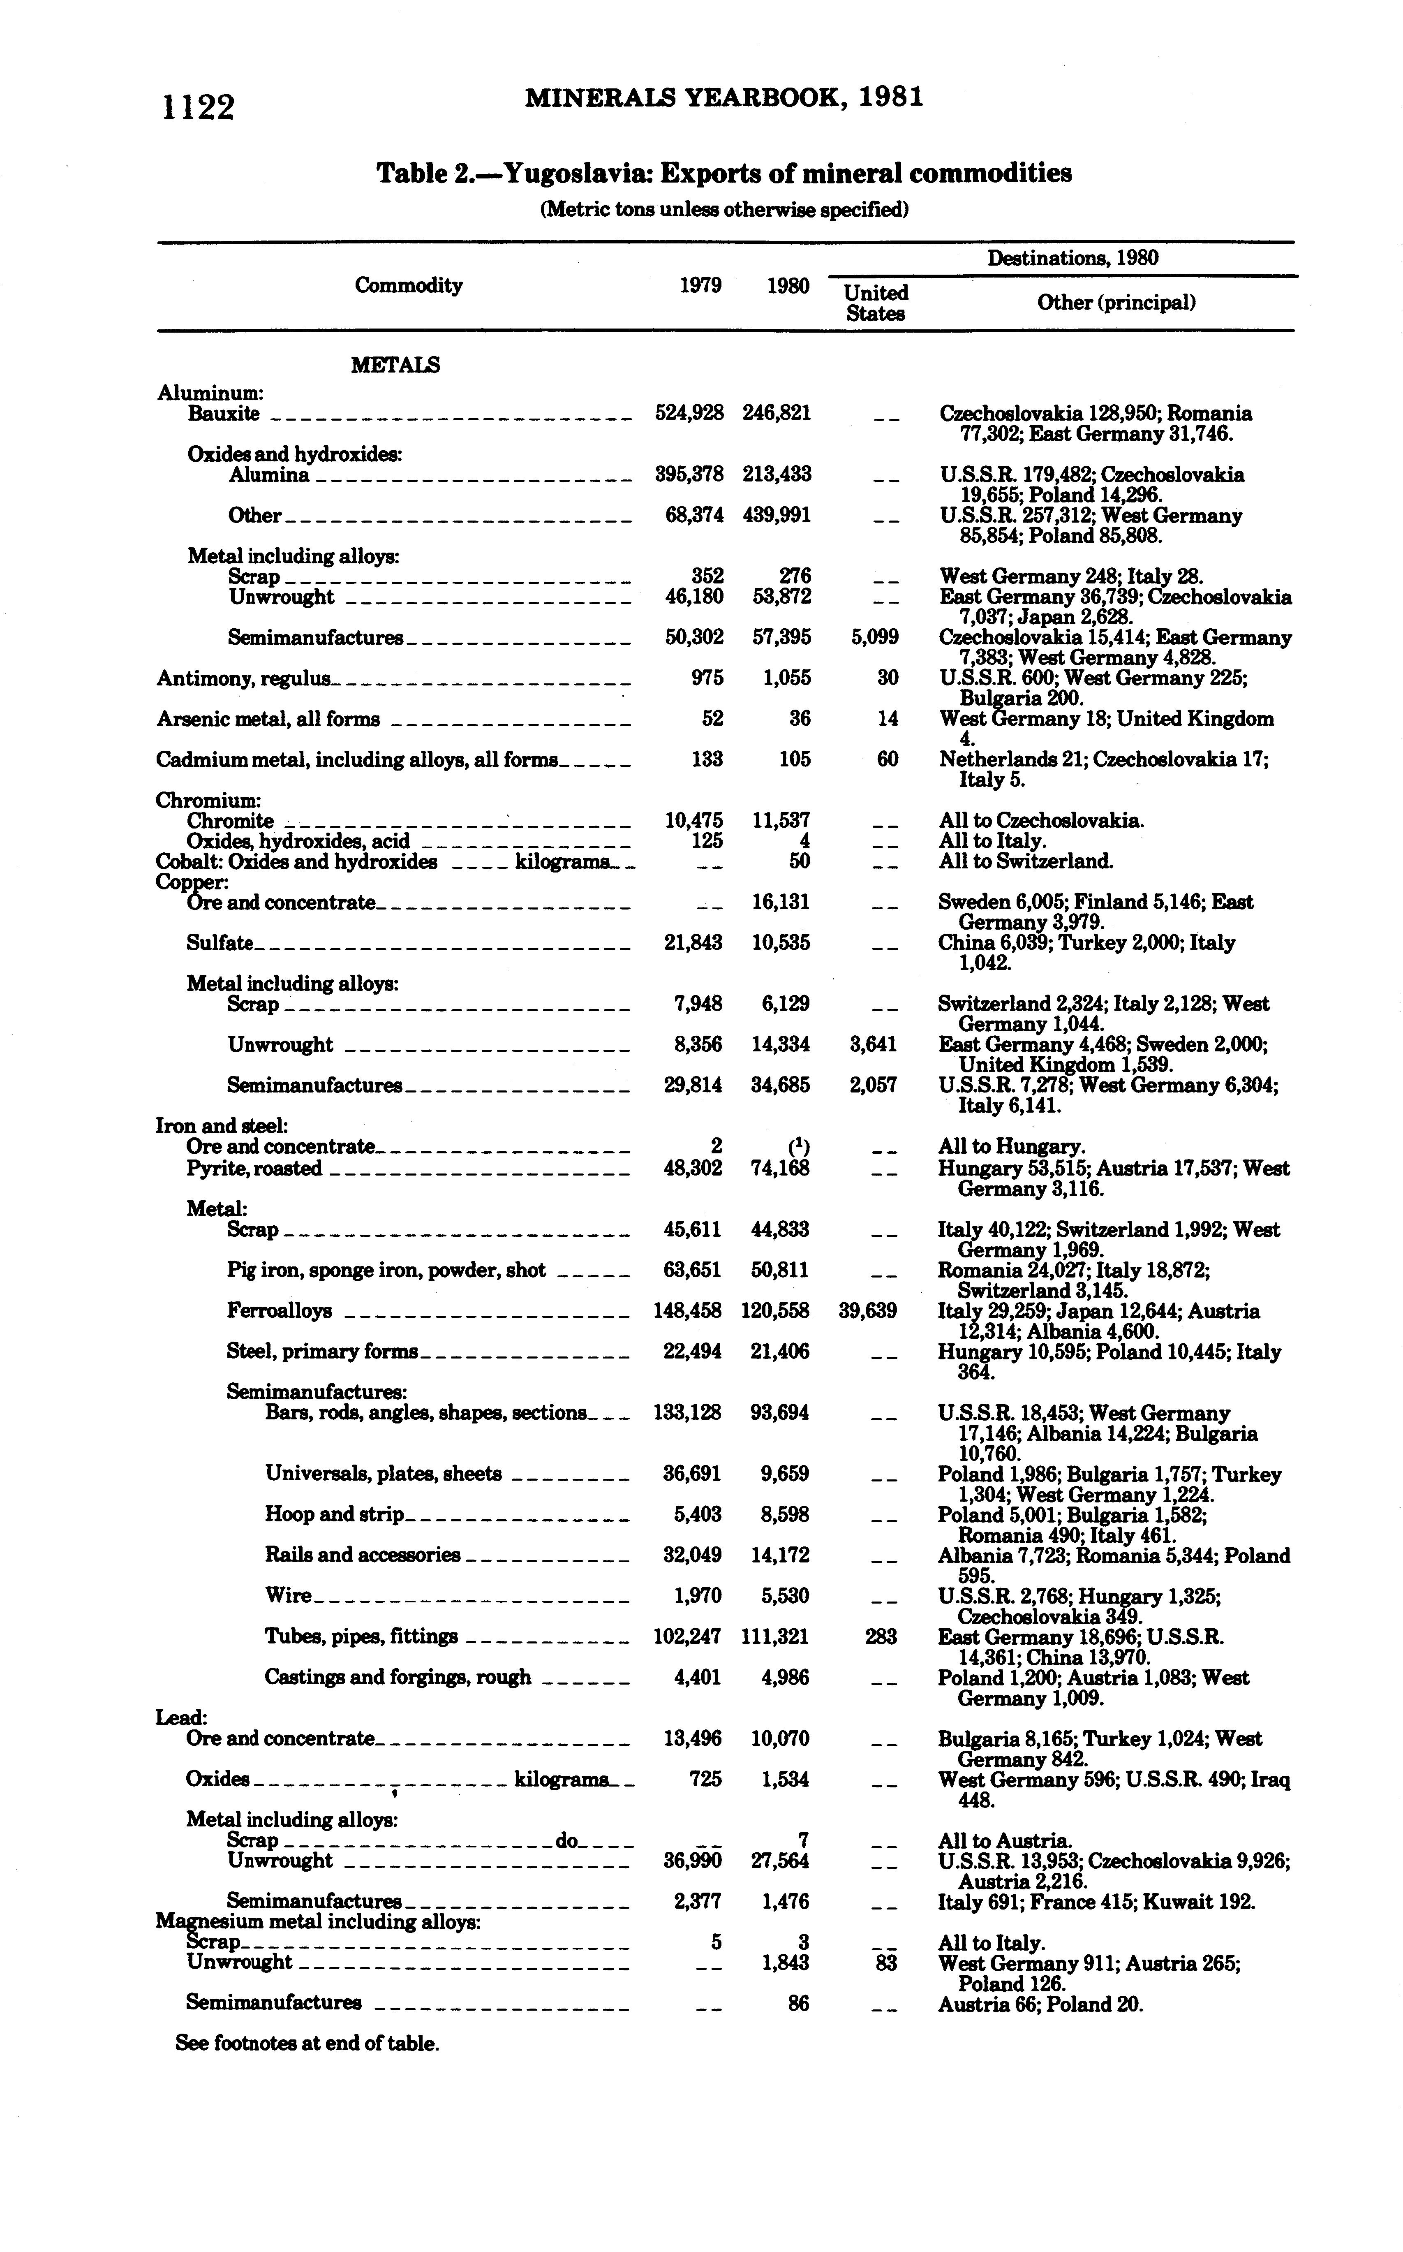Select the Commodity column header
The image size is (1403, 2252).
[408, 285]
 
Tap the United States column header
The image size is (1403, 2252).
[875, 303]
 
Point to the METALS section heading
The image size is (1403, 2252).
[395, 365]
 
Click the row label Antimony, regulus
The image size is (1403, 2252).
[243, 678]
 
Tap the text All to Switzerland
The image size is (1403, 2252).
[1025, 861]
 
